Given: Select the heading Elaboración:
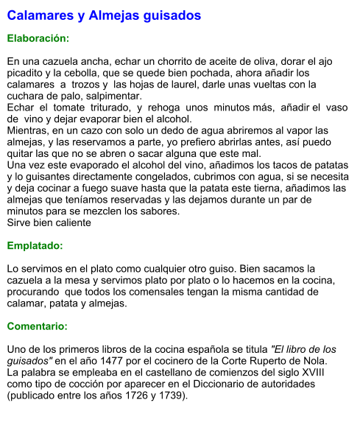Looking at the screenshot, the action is click(38, 38).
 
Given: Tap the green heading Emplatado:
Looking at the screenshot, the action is click(35, 245).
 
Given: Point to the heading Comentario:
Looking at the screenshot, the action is click(37, 326).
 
